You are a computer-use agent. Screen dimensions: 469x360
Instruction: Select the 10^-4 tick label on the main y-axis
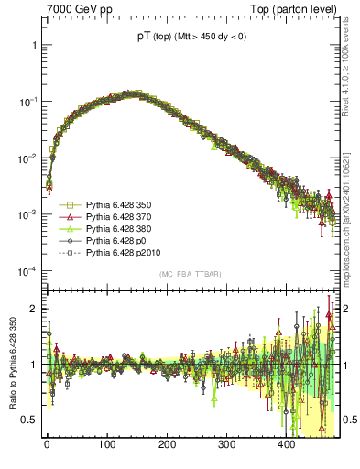point(27,271)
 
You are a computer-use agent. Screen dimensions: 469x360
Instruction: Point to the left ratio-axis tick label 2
point(34,309)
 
